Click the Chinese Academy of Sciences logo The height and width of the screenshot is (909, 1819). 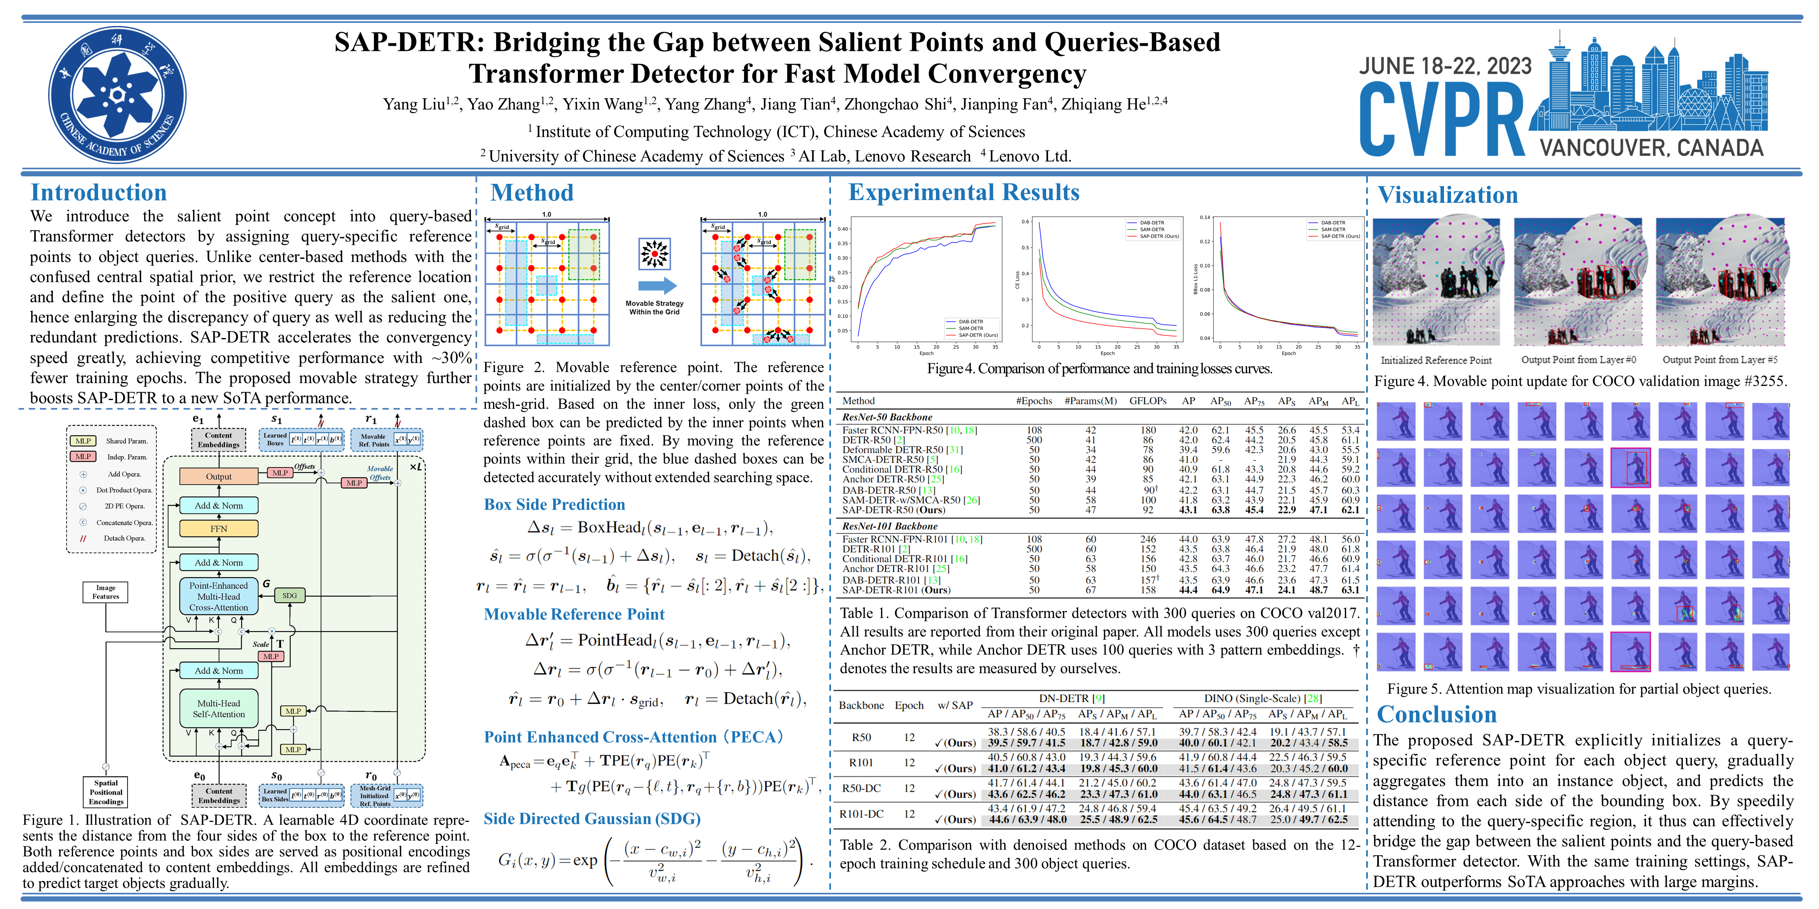[117, 95]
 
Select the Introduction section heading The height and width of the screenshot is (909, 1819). [99, 193]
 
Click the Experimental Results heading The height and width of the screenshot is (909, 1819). [964, 192]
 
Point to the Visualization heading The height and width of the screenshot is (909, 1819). [1448, 195]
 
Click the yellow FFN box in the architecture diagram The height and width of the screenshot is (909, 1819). [219, 529]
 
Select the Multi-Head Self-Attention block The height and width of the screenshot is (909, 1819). [219, 709]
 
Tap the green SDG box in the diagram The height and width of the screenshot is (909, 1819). [289, 596]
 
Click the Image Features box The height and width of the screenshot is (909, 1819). [106, 592]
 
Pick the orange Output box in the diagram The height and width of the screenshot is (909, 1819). [219, 476]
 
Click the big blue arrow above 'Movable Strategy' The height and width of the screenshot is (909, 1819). [657, 285]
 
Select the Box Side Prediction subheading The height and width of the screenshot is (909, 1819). [554, 505]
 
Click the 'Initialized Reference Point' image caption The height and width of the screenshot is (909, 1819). [1436, 360]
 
